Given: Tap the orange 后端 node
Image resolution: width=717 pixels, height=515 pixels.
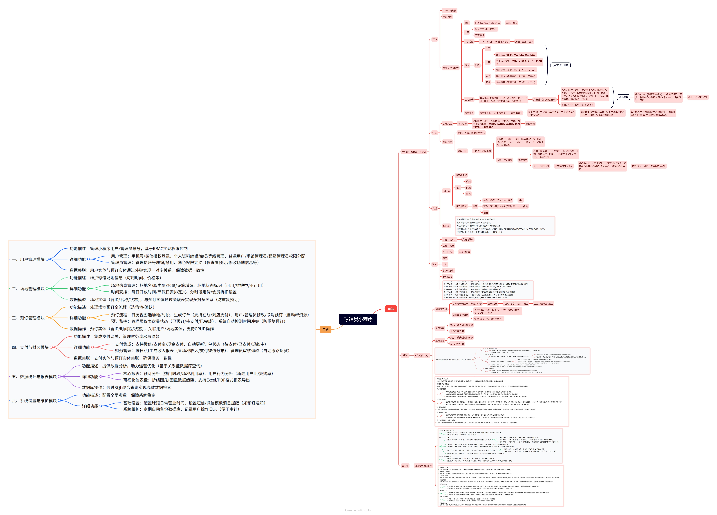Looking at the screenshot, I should pos(325,330).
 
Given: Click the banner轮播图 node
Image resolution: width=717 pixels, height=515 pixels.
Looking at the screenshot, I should pos(449,10).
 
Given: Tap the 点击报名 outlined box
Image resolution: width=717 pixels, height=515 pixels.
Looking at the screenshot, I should pos(623,97).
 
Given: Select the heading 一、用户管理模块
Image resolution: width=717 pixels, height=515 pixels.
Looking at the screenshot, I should pos(28,259).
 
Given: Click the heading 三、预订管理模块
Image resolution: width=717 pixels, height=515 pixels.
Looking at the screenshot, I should pos(28,318).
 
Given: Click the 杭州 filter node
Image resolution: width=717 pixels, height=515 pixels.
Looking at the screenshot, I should pos(468,182).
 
